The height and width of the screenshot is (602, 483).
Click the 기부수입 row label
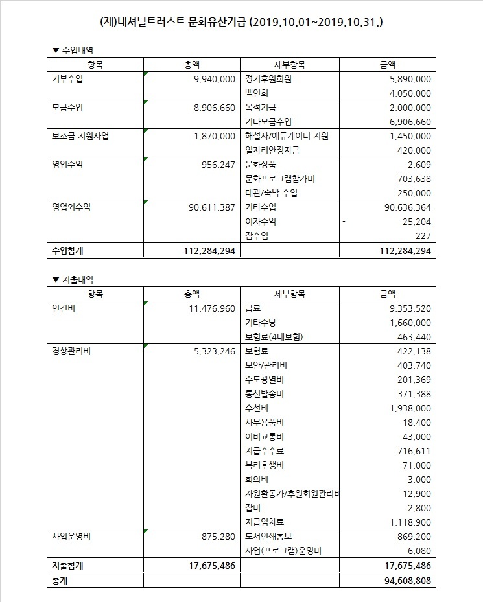coord(67,79)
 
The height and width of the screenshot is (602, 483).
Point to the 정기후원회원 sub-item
coord(268,79)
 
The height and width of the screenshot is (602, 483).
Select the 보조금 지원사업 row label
coord(82,136)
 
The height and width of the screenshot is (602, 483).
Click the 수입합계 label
coord(67,250)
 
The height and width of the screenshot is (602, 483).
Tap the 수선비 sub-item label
coord(257,408)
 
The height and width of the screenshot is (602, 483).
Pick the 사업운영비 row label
coord(71,537)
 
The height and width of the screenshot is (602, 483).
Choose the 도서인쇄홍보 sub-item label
coord(268,537)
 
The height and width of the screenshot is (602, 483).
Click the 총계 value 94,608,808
coord(403,581)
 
